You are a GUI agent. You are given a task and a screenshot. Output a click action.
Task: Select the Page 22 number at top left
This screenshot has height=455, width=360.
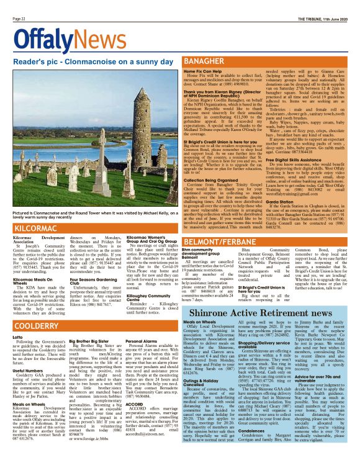coord(19,19)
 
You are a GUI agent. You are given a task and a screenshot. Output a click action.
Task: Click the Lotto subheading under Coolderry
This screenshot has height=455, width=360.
coord(18,337)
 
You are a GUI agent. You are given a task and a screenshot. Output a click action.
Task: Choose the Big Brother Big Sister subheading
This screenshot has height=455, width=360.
coord(89,341)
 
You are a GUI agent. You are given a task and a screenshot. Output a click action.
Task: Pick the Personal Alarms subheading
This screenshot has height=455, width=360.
coord(142,341)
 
